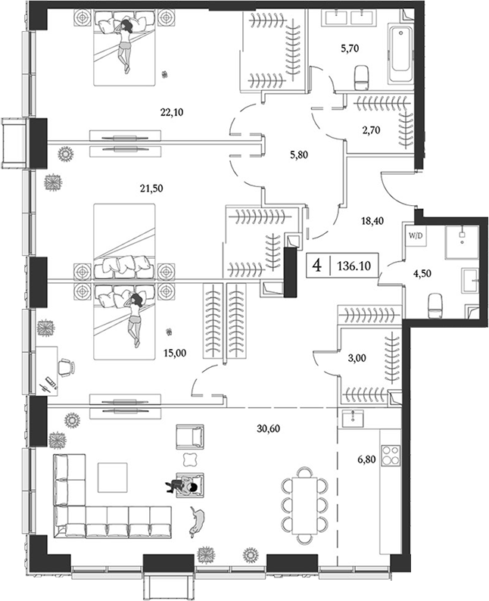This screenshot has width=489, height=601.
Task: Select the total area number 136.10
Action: coord(353,266)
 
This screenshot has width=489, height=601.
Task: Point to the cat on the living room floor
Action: coord(201,521)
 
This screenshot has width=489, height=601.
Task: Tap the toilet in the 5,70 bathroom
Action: coord(361,73)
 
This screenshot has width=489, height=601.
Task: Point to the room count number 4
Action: coord(317,266)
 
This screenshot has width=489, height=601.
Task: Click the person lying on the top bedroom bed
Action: coord(125,46)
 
